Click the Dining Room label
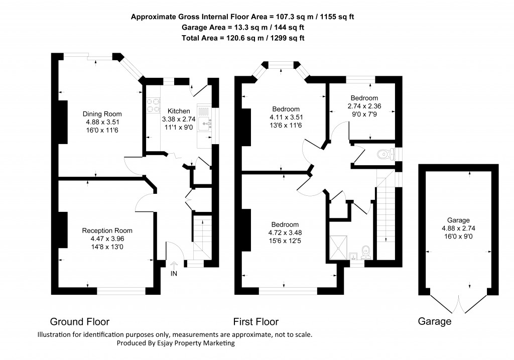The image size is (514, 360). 102,113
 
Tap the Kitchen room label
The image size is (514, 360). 179,111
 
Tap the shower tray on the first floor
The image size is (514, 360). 340,247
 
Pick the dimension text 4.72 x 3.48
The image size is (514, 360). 285,232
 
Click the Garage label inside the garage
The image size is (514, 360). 458,220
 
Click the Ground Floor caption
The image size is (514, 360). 79,322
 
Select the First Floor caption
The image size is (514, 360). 255,322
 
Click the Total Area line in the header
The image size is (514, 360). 243,38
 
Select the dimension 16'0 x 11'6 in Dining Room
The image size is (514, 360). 102,130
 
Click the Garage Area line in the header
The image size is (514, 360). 243,27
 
